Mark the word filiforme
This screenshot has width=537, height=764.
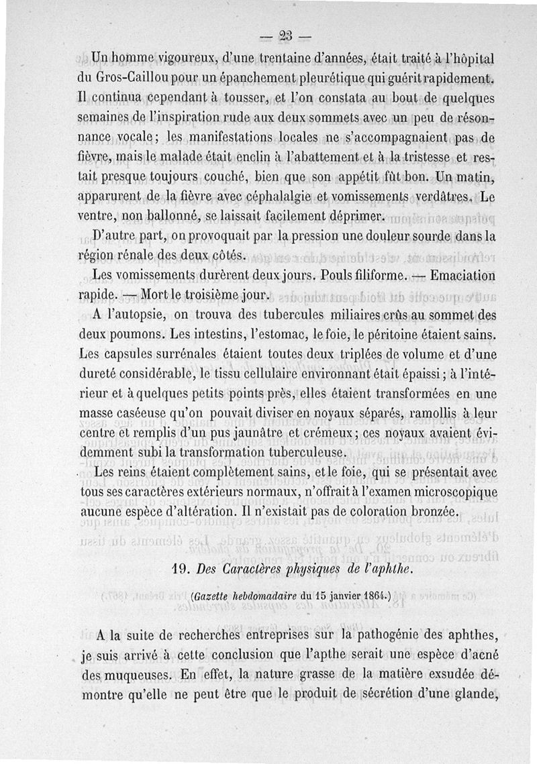[x=378, y=276]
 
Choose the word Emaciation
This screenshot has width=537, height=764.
[x=462, y=276]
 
